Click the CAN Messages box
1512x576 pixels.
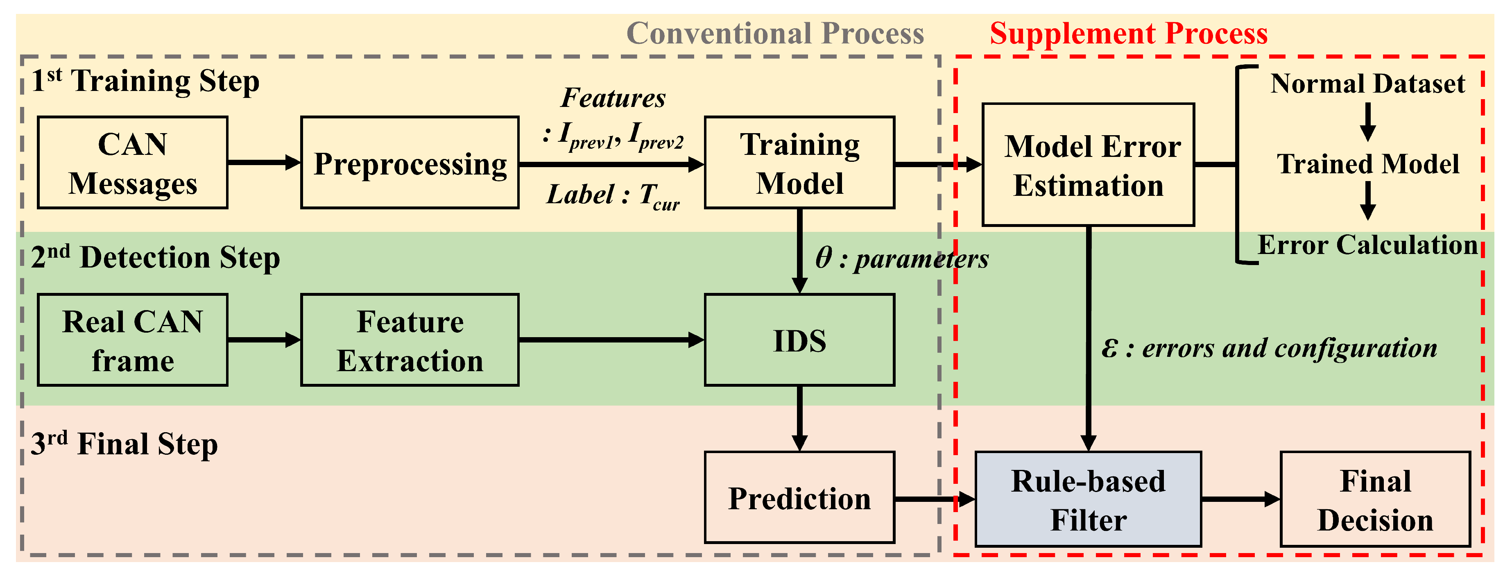[x=133, y=163]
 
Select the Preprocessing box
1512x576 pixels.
[x=410, y=163]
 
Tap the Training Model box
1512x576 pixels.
[x=799, y=163]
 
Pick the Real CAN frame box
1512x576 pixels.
[x=133, y=340]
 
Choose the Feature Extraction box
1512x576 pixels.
[x=410, y=340]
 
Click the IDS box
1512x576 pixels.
[x=799, y=340]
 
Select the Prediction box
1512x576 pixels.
[x=799, y=497]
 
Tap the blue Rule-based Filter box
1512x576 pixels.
[x=1088, y=499]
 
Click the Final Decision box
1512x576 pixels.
[x=1375, y=499]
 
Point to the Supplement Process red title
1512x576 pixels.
[x=1128, y=34]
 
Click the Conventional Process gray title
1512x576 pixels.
[x=775, y=34]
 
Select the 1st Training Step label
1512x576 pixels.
[x=145, y=81]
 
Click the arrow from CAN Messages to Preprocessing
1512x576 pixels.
[x=264, y=162]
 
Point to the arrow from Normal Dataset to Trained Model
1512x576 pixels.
[x=1367, y=122]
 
